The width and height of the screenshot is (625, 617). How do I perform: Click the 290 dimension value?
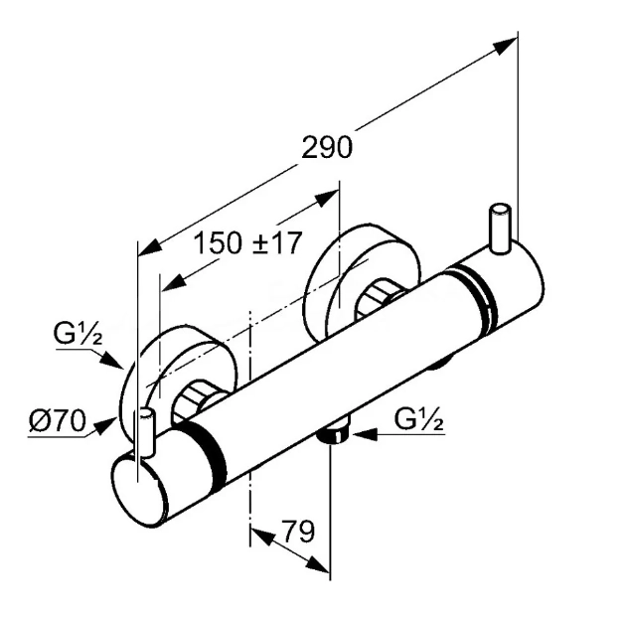pos(328,147)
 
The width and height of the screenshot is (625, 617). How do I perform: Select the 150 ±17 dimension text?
pos(246,243)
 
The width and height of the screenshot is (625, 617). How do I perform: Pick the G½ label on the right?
pos(418,420)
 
